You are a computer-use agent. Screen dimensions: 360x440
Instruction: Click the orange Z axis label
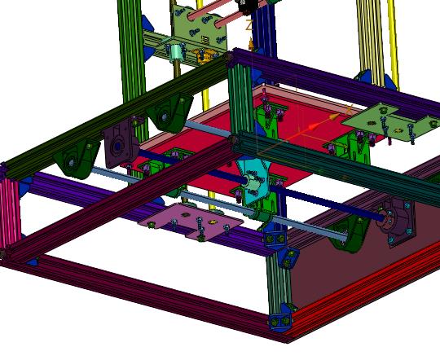pyautogui.click(x=249, y=25)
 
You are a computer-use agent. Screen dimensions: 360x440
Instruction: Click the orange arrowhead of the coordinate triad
pyautogui.click(x=314, y=127)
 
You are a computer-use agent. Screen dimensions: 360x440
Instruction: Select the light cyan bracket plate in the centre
pyautogui.click(x=255, y=180)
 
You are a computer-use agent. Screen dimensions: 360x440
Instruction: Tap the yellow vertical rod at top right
pyautogui.click(x=390, y=41)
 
